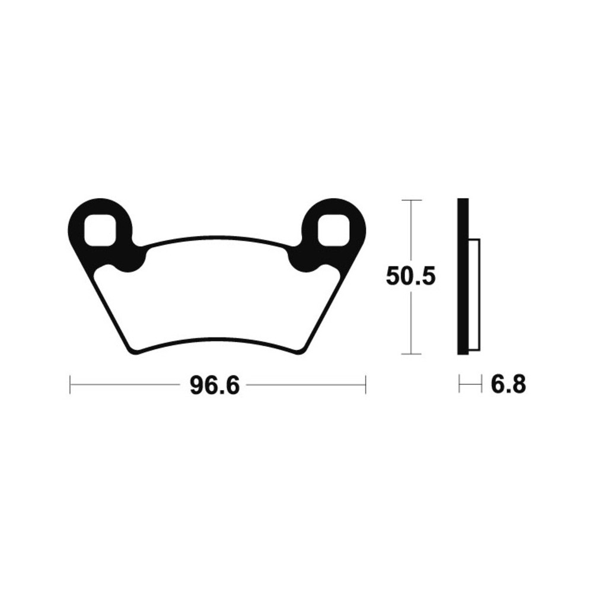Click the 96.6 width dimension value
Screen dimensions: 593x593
click(215, 385)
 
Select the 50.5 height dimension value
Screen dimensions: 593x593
click(411, 276)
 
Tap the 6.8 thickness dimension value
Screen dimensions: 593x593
click(508, 385)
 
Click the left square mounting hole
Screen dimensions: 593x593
click(100, 230)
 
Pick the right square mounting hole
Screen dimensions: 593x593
click(333, 230)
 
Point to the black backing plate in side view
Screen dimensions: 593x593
click(463, 276)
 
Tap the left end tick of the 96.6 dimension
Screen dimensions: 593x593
click(71, 385)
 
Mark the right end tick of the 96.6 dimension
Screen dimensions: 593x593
click(365, 385)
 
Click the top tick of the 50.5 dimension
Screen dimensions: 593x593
click(411, 200)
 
